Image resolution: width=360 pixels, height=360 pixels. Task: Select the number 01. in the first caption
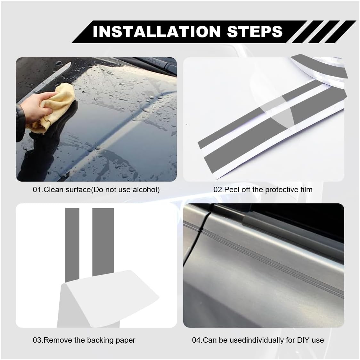tap(38, 190)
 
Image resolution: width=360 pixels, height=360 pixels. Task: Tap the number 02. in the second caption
tap(219, 190)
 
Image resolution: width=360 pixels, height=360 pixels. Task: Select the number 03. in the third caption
tap(38, 340)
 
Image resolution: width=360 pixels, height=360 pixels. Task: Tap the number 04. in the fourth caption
tap(197, 340)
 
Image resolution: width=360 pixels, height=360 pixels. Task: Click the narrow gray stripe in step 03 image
tap(72, 244)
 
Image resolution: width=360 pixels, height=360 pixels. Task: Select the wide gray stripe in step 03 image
tap(103, 242)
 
